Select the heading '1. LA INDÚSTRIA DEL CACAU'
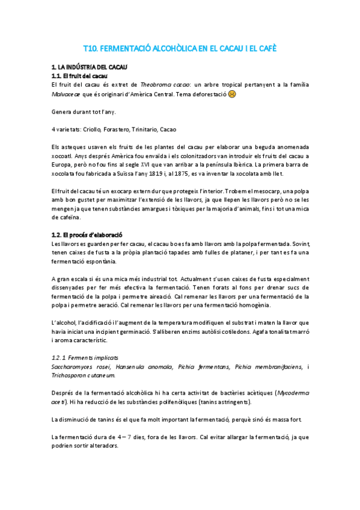pos(89,67)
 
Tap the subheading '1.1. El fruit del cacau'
pos(79,76)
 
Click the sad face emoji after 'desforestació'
pos(232,94)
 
